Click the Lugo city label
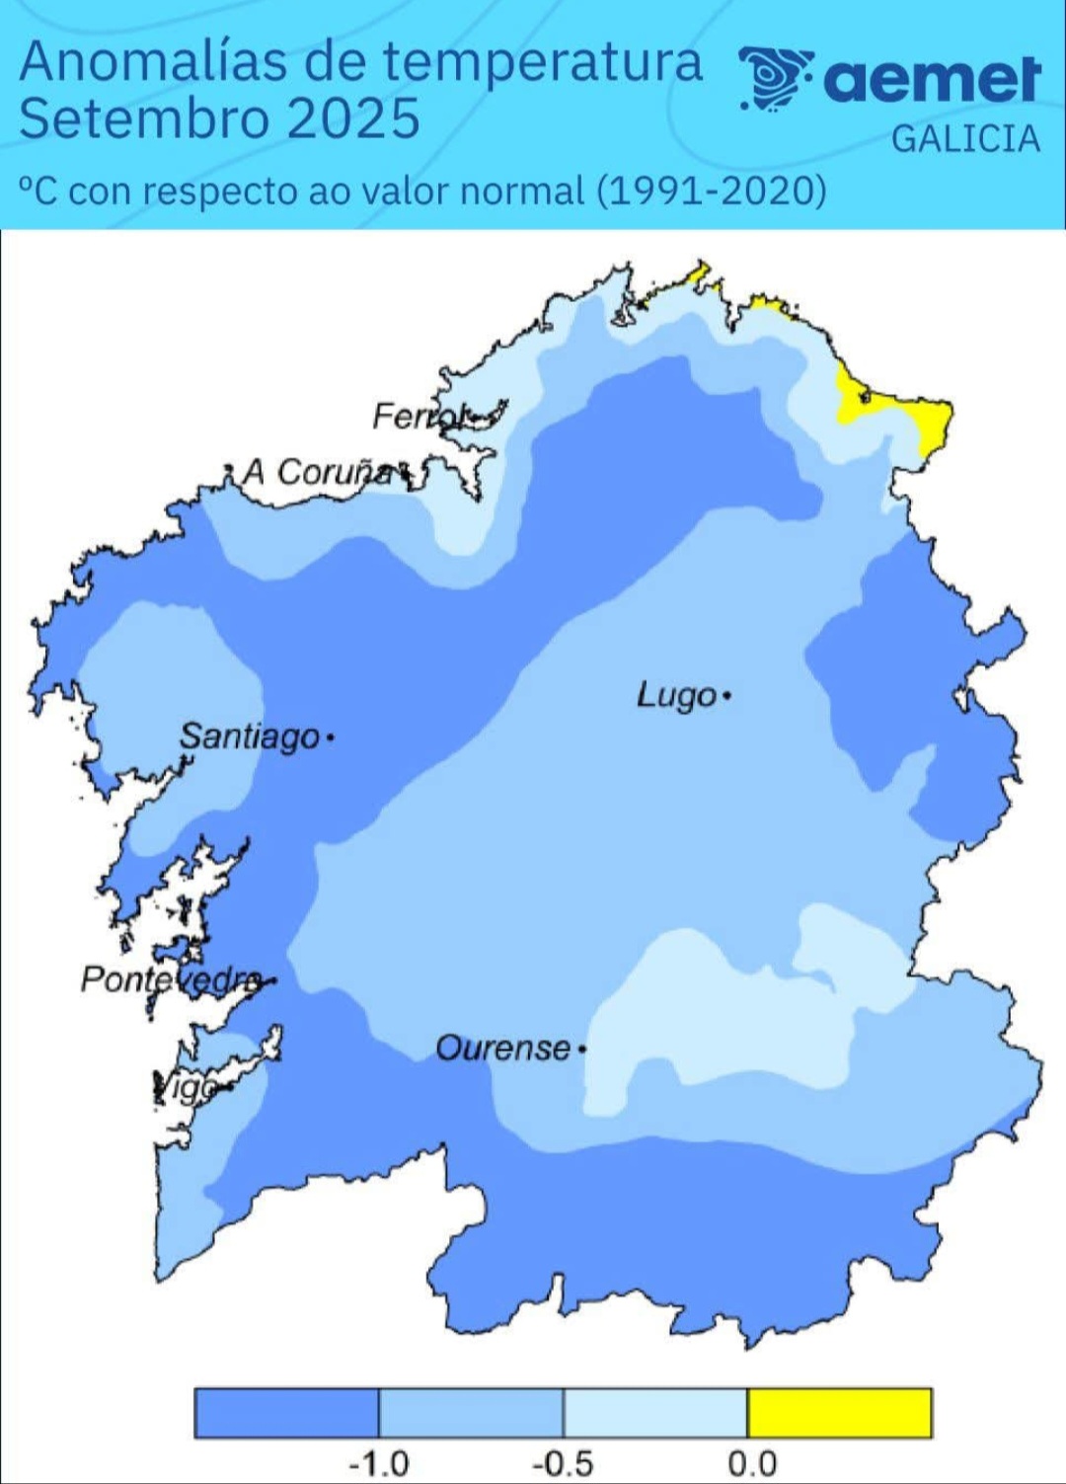tap(676, 695)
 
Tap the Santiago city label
tap(249, 736)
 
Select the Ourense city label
tap(502, 1048)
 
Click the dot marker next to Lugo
tap(727, 696)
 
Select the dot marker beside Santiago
tap(330, 737)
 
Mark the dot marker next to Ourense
tap(582, 1049)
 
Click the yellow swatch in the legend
tap(839, 1412)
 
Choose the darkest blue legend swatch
tap(286, 1412)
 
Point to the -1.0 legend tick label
tap(379, 1462)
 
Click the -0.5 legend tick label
tap(563, 1462)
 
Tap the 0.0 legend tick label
tap(752, 1462)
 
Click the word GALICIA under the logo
tap(965, 139)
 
